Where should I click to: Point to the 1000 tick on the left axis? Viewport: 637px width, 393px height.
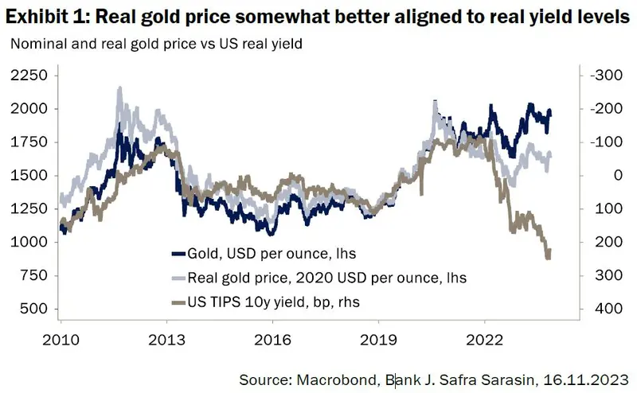click(x=29, y=242)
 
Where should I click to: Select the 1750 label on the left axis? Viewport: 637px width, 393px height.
click(x=29, y=142)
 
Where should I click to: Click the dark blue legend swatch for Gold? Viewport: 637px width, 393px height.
click(x=178, y=254)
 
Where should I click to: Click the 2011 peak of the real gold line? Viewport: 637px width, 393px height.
click(x=120, y=89)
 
